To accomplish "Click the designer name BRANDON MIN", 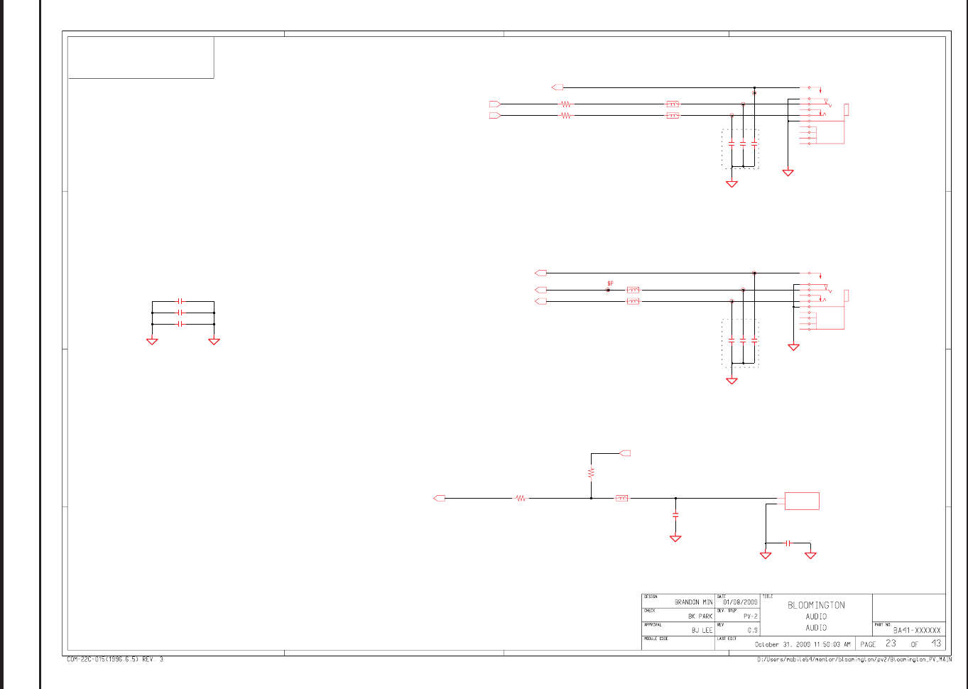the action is coord(693,602).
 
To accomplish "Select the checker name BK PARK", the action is coord(700,617).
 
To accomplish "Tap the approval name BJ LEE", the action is coord(702,631).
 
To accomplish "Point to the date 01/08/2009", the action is coord(740,602).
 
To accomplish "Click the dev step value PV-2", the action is coord(750,617).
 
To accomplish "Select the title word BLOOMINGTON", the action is coord(816,606).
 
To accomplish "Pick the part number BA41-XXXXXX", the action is coord(917,630).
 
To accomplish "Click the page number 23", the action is coord(891,644).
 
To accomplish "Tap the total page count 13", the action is coord(936,644).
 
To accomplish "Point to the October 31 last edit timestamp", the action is coord(802,645).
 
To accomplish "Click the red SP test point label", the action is coord(610,283).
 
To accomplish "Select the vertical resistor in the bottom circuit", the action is coord(591,472).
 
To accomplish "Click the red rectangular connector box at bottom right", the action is coord(802,501).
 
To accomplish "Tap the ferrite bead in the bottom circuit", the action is coord(621,499).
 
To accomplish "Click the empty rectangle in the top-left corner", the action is coord(141,58).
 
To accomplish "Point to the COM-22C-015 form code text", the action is coord(115,660).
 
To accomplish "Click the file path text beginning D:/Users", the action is coord(854,660).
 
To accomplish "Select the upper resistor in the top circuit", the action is coord(565,104).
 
